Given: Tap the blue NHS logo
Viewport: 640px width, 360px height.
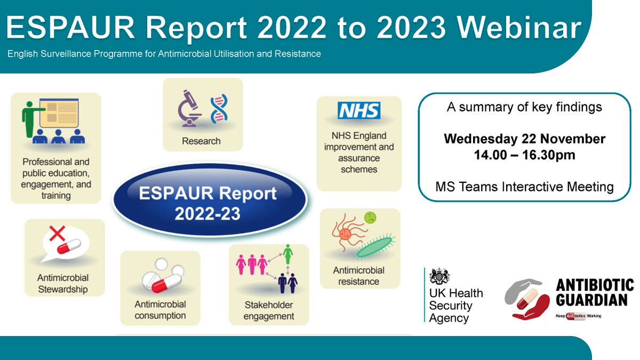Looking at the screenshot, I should (359, 111).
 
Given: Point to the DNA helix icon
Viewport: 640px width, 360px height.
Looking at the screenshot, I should (219, 109).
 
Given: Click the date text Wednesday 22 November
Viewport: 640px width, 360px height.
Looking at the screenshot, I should (524, 139).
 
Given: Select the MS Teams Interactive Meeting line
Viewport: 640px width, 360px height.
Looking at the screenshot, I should (524, 187).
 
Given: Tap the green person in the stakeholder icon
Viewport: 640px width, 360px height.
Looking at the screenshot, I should (289, 254).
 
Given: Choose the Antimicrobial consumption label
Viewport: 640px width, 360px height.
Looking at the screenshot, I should (160, 309).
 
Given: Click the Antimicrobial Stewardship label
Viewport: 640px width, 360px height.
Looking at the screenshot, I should (63, 284).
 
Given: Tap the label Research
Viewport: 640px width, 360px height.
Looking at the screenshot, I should (201, 141).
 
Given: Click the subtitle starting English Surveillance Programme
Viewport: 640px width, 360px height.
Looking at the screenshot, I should (164, 54).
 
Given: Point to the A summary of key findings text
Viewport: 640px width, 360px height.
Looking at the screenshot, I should (524, 107).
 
